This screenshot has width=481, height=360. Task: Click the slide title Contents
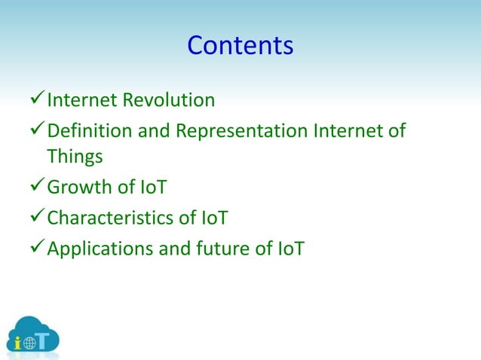(240, 46)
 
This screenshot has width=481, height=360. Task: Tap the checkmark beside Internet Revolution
(35, 100)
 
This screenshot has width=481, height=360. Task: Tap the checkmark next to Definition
(35, 132)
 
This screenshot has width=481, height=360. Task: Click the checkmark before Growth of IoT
(35, 188)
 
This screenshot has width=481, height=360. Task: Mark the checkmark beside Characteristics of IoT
(35, 218)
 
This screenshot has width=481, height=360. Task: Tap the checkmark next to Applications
(35, 249)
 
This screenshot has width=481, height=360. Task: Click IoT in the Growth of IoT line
(152, 188)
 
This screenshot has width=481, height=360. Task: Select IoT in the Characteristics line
(214, 218)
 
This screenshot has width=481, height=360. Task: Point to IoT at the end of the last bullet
(290, 249)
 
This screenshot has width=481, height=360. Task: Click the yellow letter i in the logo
(18, 341)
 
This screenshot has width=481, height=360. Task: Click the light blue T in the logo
(46, 340)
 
